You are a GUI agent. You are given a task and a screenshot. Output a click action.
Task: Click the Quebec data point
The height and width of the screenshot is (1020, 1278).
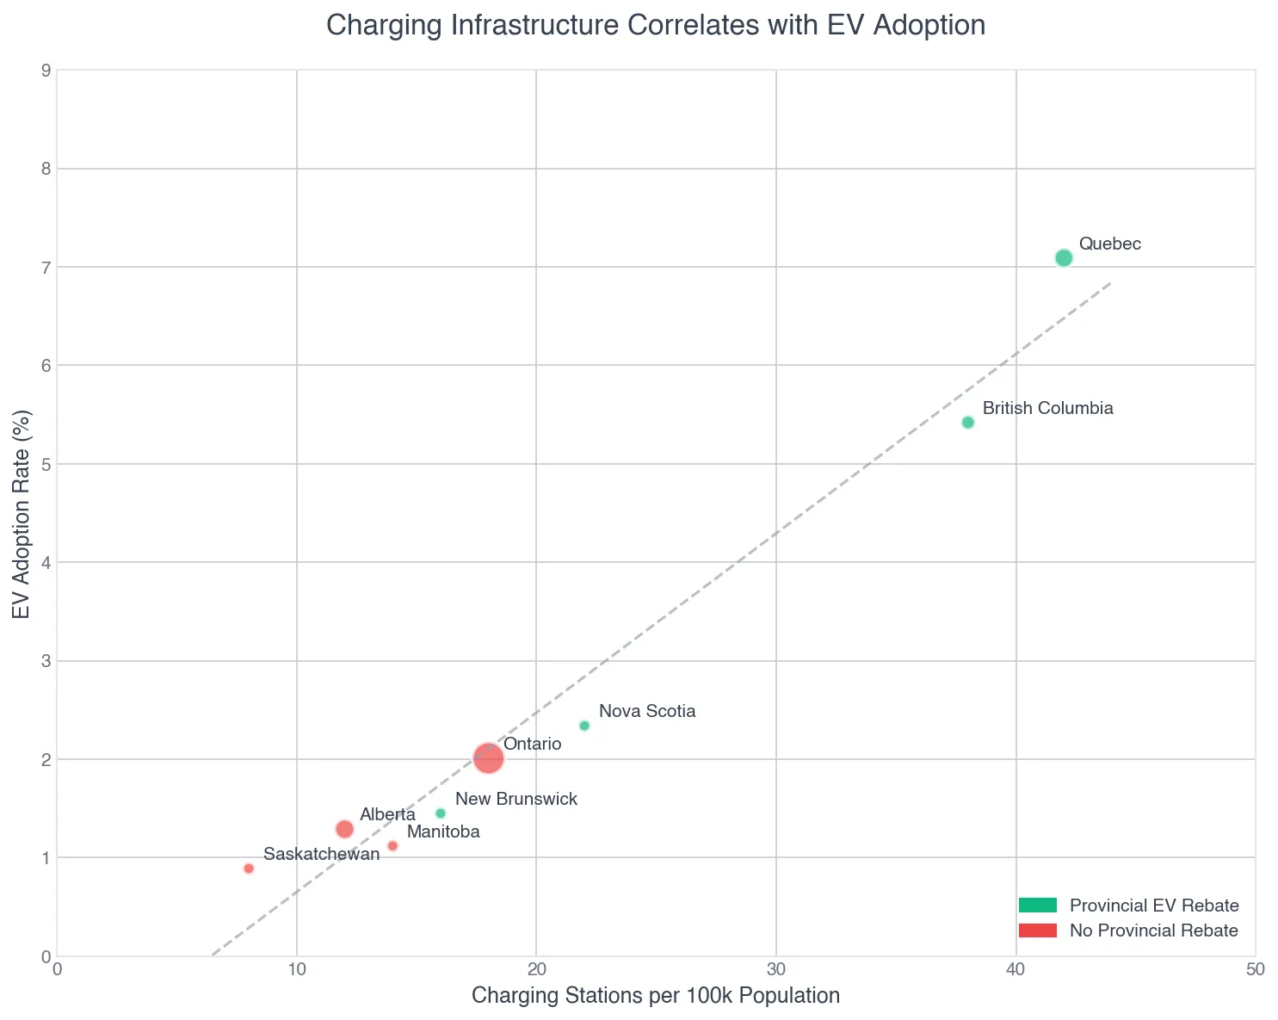coord(1064,258)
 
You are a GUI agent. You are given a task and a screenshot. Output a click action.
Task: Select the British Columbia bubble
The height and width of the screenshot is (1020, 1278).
coord(967,423)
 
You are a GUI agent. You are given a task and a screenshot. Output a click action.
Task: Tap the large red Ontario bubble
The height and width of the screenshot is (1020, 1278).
coord(488,758)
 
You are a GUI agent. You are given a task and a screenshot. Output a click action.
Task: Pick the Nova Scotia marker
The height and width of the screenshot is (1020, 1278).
coord(584,726)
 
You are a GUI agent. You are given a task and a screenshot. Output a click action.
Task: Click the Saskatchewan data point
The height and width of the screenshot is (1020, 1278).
coord(249,869)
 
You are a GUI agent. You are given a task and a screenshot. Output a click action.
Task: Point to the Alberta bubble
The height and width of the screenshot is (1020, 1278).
coord(344,829)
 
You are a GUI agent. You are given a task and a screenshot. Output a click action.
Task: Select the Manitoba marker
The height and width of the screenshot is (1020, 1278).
coord(392,846)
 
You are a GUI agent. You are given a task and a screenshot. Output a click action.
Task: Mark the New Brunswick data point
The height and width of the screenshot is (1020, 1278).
coord(441,813)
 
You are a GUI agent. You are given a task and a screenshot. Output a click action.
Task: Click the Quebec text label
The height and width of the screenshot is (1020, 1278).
coord(1109,244)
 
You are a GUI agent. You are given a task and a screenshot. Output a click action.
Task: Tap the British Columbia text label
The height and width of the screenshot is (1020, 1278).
coord(1047,409)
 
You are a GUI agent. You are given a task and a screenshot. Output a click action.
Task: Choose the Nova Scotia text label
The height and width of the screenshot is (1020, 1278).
coord(646,712)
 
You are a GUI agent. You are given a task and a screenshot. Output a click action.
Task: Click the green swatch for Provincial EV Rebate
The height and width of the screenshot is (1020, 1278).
coord(1036,906)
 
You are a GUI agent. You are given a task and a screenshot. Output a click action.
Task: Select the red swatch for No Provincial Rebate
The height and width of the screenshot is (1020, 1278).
coord(1036,930)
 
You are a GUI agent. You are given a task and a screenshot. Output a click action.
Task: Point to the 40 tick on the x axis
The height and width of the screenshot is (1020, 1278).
coord(1016,969)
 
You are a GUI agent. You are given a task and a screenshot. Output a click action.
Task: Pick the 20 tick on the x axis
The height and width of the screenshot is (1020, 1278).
coord(536,969)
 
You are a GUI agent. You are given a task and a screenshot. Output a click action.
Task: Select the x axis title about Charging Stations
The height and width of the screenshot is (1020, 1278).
coord(656,997)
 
